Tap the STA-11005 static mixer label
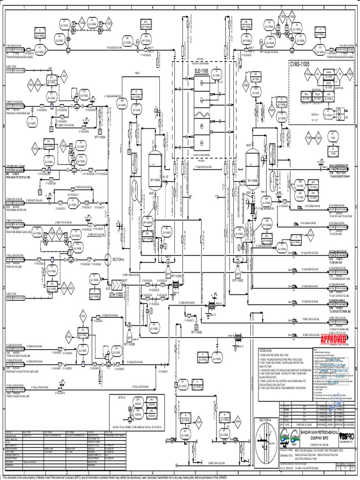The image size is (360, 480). (x=116, y=294)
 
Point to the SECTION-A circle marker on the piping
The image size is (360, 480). (x=108, y=259)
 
